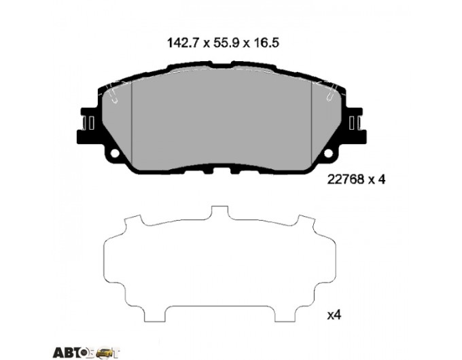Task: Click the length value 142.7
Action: click(183, 43)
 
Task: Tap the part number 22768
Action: click(346, 179)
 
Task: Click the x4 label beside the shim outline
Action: click(334, 315)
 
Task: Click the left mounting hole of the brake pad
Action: click(115, 154)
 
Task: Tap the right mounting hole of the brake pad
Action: click(329, 154)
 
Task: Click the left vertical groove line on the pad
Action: click(131, 122)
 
